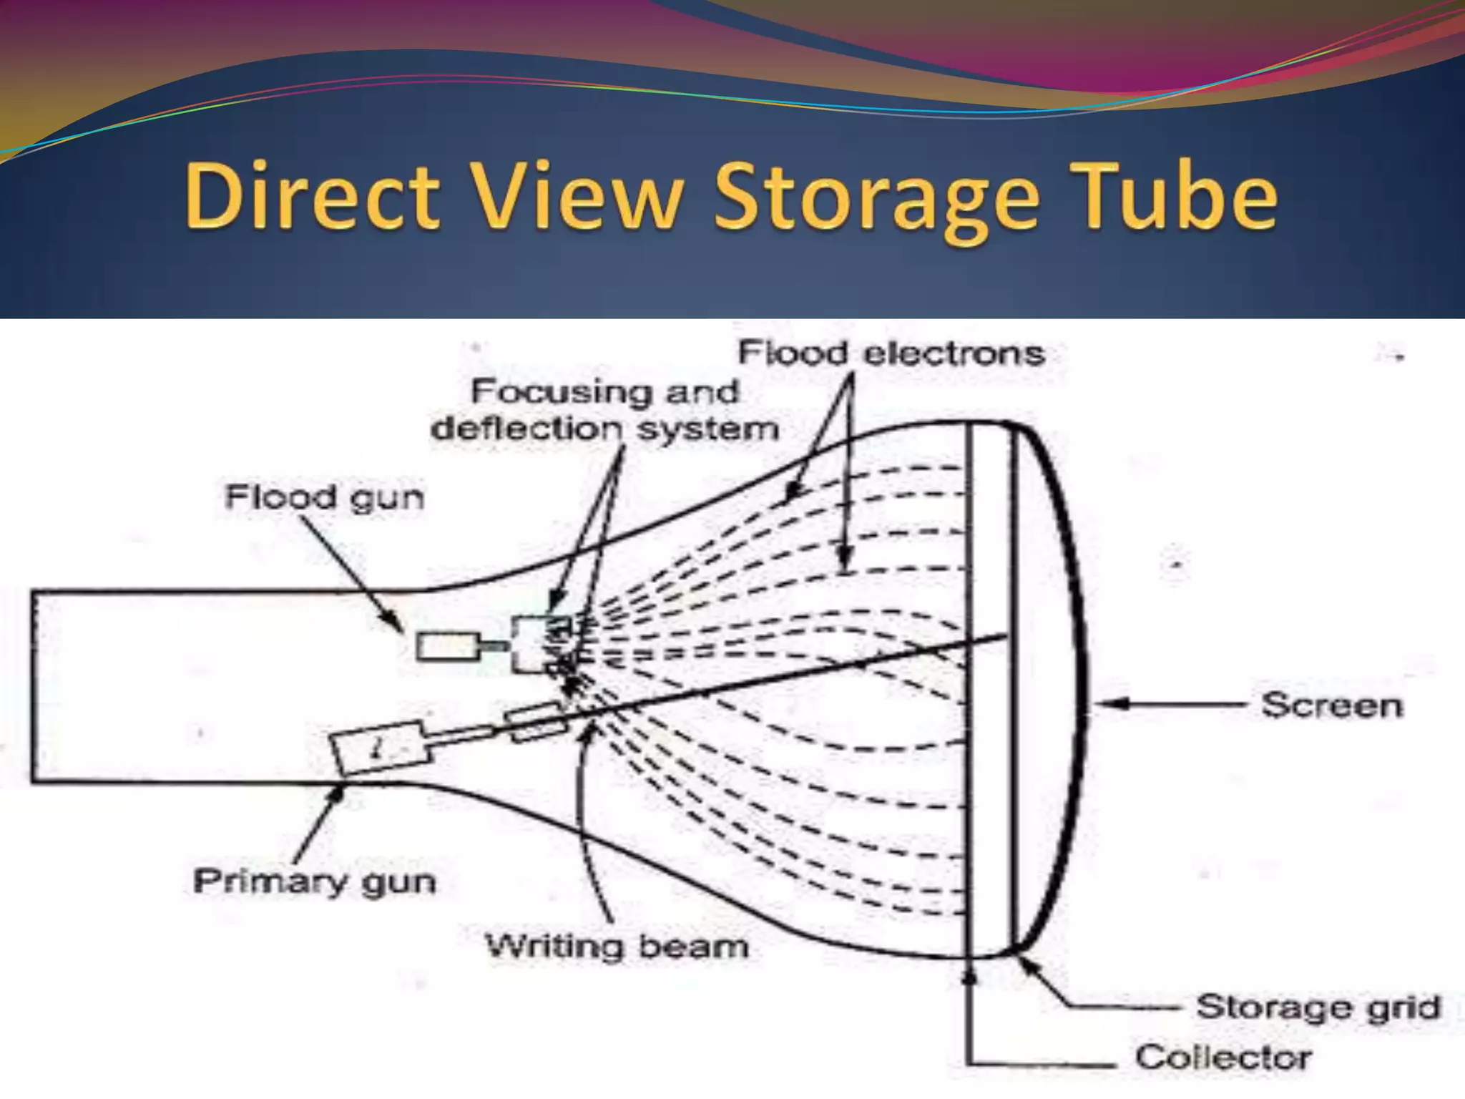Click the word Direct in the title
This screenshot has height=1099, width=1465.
312,195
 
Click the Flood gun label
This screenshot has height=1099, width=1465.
324,497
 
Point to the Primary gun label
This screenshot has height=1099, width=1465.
314,881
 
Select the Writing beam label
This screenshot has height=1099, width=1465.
617,947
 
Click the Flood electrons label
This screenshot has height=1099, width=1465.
891,353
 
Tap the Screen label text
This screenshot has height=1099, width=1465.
1331,705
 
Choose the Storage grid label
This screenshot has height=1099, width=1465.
1318,1007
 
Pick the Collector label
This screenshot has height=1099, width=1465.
1223,1057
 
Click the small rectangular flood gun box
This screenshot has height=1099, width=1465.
448,647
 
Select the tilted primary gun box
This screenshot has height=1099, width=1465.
379,748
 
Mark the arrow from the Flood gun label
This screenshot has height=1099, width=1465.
351,572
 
